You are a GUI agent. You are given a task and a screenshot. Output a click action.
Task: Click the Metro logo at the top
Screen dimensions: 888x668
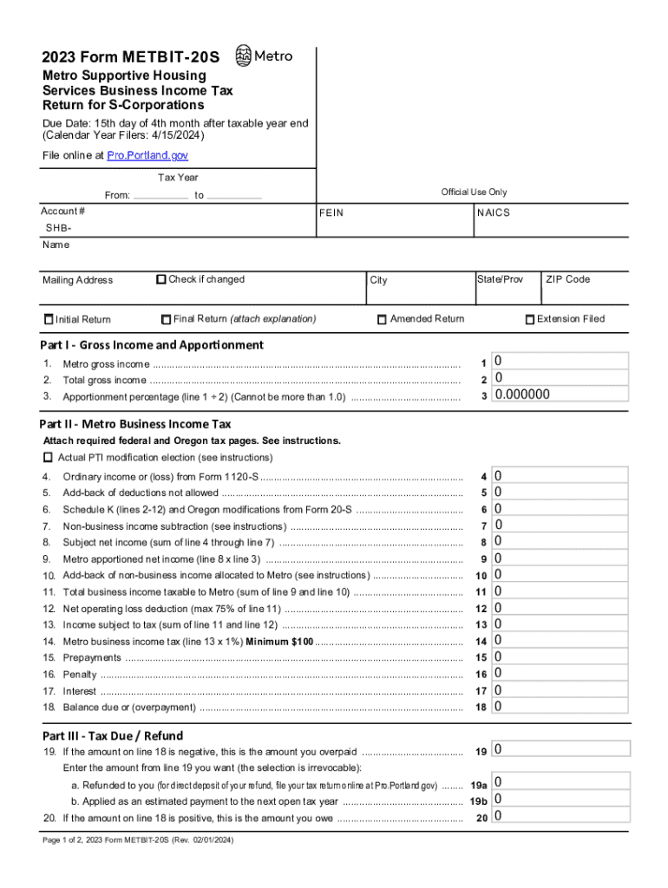tap(265, 55)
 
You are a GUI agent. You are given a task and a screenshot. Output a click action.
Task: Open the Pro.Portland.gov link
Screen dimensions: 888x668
tap(147, 155)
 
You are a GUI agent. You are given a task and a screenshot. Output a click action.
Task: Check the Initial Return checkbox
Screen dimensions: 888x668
tap(49, 319)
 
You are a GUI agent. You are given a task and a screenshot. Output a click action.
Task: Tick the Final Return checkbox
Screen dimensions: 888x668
tap(167, 319)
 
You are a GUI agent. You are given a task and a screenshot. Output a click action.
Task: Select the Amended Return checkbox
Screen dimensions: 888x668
tap(382, 319)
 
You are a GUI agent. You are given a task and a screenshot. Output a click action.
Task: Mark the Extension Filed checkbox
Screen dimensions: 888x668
tap(530, 319)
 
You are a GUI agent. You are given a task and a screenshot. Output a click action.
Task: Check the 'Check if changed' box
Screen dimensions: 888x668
tap(161, 279)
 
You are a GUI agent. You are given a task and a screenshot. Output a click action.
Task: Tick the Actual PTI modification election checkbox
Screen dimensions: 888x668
tap(48, 457)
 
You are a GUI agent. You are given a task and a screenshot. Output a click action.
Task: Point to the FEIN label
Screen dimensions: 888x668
tap(331, 213)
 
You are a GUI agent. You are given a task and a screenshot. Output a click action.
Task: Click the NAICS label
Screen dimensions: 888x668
tap(494, 213)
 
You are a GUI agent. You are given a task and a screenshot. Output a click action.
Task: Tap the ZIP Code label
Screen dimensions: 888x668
tap(567, 279)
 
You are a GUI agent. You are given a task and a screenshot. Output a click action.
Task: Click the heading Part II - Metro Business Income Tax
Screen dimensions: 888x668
tap(135, 424)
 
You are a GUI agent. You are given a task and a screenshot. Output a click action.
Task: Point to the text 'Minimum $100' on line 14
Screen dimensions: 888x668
tap(278, 642)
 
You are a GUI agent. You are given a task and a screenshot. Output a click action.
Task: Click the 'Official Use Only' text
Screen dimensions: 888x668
tap(474, 192)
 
